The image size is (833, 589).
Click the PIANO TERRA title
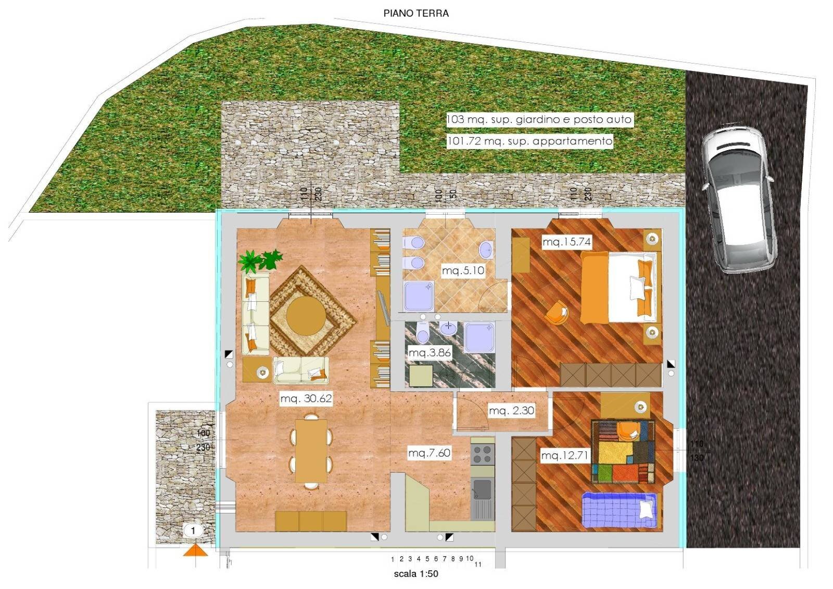point(416,14)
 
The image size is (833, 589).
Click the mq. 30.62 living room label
point(306,399)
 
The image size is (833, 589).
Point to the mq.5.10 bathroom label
point(463,271)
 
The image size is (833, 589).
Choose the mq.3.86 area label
point(430,353)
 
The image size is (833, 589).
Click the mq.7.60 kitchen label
point(429,453)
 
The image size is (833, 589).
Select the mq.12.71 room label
point(564,456)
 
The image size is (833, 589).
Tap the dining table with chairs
point(311,451)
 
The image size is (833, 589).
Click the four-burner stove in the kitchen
point(482,454)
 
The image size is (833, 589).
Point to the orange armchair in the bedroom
point(557,314)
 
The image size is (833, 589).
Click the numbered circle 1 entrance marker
point(193,531)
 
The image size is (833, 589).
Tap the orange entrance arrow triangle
point(195,550)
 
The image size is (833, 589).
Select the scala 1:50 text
point(416,574)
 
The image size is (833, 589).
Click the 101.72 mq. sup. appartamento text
point(529,141)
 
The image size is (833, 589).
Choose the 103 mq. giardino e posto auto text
point(539,119)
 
